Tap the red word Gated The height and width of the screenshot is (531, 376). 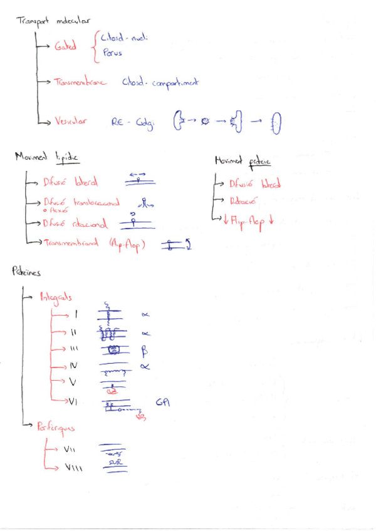[x=65, y=46]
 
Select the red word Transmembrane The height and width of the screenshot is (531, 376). [x=81, y=82]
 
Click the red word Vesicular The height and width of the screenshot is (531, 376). [x=71, y=121]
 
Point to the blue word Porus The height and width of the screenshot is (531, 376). [x=113, y=53]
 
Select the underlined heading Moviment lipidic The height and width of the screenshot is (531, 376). [x=49, y=156]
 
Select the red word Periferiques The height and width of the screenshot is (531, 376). [x=56, y=428]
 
